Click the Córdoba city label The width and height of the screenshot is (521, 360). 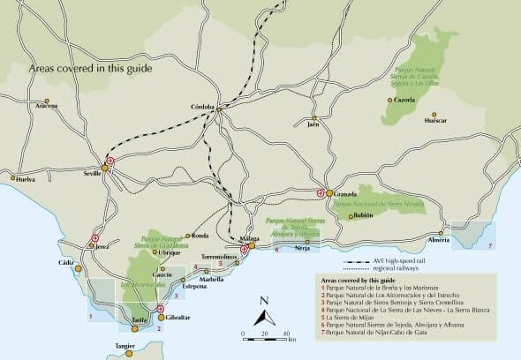202,108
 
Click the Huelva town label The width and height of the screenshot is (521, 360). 26,179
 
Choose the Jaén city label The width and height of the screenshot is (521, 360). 313,124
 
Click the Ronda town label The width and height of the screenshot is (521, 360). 200,236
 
